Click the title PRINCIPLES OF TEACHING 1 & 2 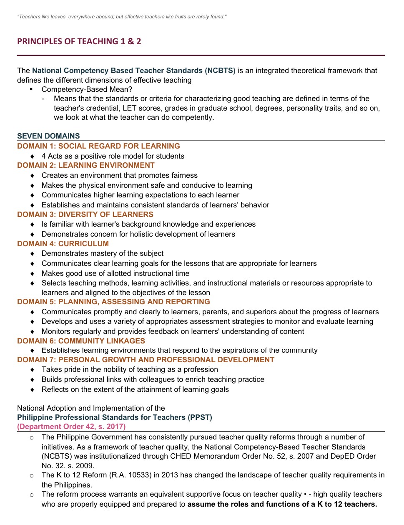point(79,41)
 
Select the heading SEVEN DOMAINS point(48,136)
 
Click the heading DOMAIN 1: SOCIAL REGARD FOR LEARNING point(98,146)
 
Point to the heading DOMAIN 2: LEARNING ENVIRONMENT point(85,165)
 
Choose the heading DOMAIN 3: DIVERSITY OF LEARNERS point(85,215)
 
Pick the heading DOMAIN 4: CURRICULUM point(63,244)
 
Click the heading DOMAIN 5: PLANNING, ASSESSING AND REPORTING point(113,302)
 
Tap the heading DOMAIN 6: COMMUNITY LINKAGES point(81,341)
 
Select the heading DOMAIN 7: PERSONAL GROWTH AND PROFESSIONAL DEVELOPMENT point(146,360)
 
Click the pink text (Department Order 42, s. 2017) point(71,427)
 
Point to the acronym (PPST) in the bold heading point(200,417)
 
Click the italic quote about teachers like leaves point(122,17)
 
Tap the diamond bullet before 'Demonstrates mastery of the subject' point(33,254)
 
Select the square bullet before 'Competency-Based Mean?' point(31,89)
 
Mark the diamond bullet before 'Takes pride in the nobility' point(33,370)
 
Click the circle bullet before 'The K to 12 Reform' point(32,475)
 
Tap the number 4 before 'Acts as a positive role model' point(44,156)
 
